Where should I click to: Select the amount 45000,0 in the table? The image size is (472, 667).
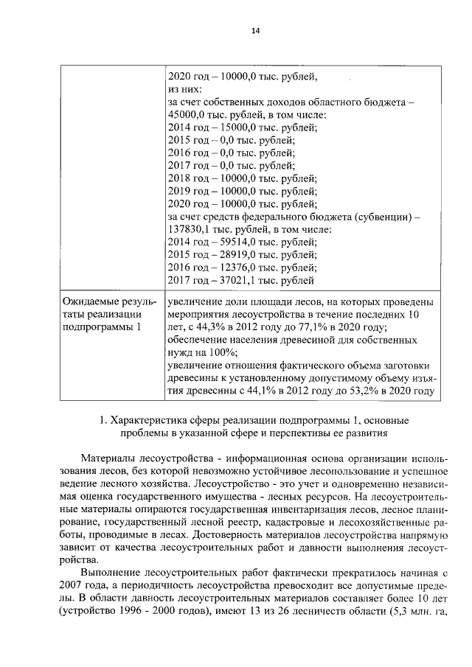189,114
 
